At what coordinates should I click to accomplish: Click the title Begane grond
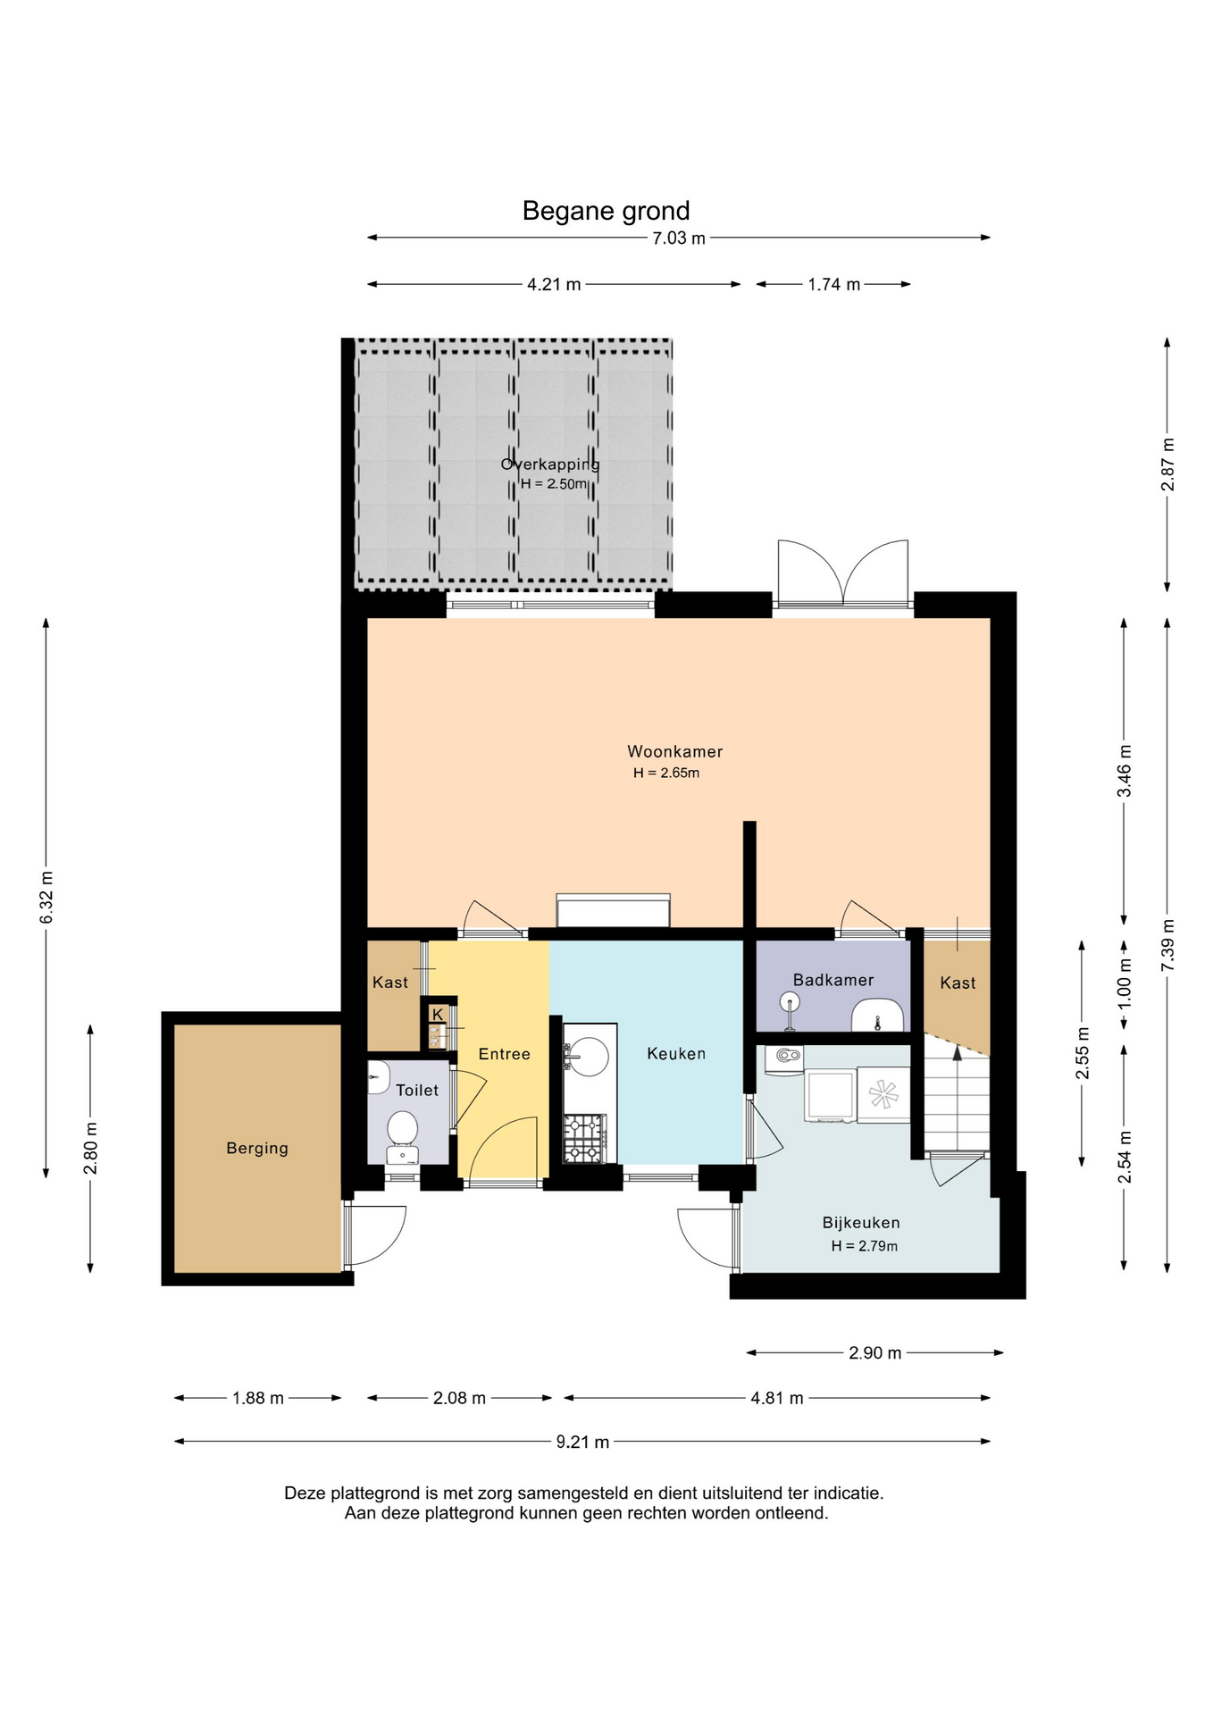pyautogui.click(x=606, y=211)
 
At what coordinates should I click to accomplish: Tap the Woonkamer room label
pyautogui.click(x=674, y=751)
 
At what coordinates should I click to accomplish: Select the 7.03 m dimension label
pyautogui.click(x=679, y=238)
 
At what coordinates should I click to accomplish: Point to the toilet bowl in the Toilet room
pyautogui.click(x=403, y=1129)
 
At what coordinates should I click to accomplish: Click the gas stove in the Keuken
pyautogui.click(x=584, y=1138)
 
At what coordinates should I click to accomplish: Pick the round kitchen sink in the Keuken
pyautogui.click(x=590, y=1057)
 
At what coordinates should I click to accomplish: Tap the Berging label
pyautogui.click(x=257, y=1148)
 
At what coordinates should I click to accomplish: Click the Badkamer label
pyautogui.click(x=833, y=980)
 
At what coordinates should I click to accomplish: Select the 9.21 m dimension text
pyautogui.click(x=582, y=1442)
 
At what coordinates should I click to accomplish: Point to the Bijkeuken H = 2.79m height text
pyautogui.click(x=865, y=1246)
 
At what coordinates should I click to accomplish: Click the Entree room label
pyautogui.click(x=505, y=1054)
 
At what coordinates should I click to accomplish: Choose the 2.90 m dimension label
pyautogui.click(x=875, y=1352)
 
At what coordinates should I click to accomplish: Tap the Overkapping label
pyautogui.click(x=550, y=464)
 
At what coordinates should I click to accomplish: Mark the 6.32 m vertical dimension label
pyautogui.click(x=47, y=898)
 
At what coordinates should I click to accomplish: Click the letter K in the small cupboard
pyautogui.click(x=438, y=1015)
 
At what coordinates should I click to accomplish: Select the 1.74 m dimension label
pyautogui.click(x=834, y=284)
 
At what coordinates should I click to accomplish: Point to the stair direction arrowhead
pyautogui.click(x=958, y=1053)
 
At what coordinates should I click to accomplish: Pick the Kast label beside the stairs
pyautogui.click(x=958, y=983)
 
